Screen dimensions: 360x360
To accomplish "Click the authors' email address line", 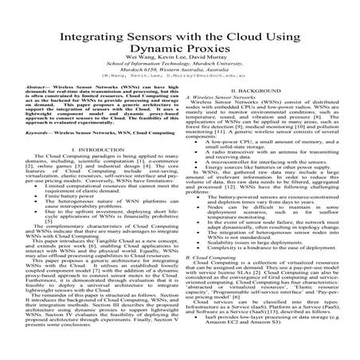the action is click(179, 96).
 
